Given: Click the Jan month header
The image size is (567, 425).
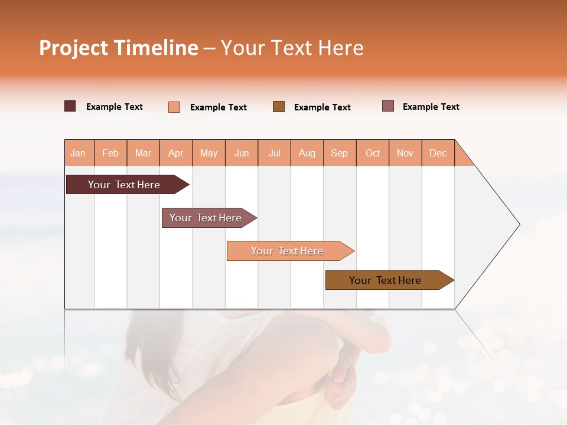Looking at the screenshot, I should [78, 153].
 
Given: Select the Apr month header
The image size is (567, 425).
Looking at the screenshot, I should [175, 153].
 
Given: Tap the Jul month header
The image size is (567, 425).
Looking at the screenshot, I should [274, 153].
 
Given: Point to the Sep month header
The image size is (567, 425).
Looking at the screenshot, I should [339, 153].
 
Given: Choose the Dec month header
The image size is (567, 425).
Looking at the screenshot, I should [438, 153].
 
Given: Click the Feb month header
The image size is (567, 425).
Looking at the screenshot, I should [110, 153].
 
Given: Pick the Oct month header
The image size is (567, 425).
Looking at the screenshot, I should [373, 153].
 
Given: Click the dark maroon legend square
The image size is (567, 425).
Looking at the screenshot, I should [70, 106].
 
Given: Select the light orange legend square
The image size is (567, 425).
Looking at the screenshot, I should [174, 107].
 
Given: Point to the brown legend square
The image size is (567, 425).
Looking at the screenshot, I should [279, 106].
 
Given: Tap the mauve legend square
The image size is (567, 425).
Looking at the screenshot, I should [388, 106].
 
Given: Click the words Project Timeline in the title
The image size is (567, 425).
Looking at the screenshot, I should [118, 48].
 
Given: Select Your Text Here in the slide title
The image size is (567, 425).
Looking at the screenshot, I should [292, 48].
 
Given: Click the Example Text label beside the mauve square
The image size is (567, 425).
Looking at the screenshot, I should [431, 107].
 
